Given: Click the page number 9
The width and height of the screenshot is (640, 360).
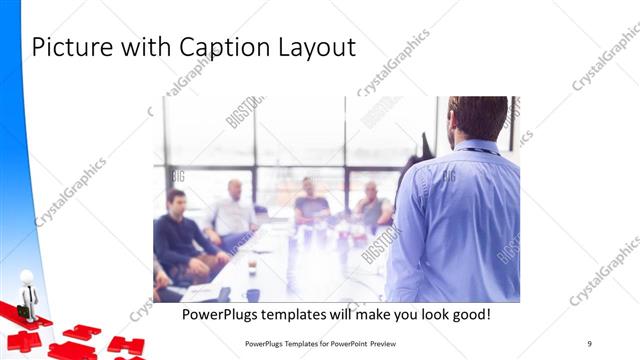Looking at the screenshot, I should point(590,343).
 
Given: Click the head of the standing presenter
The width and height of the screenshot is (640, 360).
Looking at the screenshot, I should point(478,118).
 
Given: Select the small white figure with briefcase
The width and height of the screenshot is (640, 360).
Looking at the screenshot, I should point(28,294).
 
